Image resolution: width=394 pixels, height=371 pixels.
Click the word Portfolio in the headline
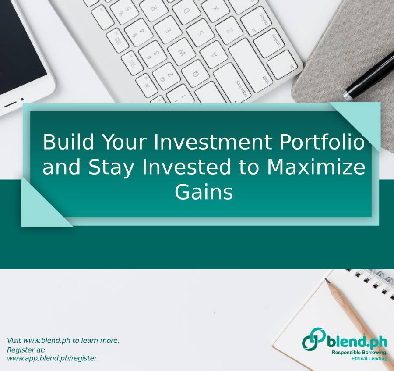322,142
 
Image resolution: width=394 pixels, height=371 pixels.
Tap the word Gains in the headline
204,192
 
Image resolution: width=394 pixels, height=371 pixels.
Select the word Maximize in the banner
316,167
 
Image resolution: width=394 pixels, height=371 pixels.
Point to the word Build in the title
68,142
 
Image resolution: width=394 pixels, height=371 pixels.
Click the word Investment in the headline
213,142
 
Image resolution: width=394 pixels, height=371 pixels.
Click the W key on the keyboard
182,52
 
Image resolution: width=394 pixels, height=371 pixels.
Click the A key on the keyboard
214,54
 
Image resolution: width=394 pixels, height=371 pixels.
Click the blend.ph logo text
357,342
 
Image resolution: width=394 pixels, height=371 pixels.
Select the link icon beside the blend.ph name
313,339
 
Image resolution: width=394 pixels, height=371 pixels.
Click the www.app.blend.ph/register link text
52,358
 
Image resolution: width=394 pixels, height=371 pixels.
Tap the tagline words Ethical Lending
369,359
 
